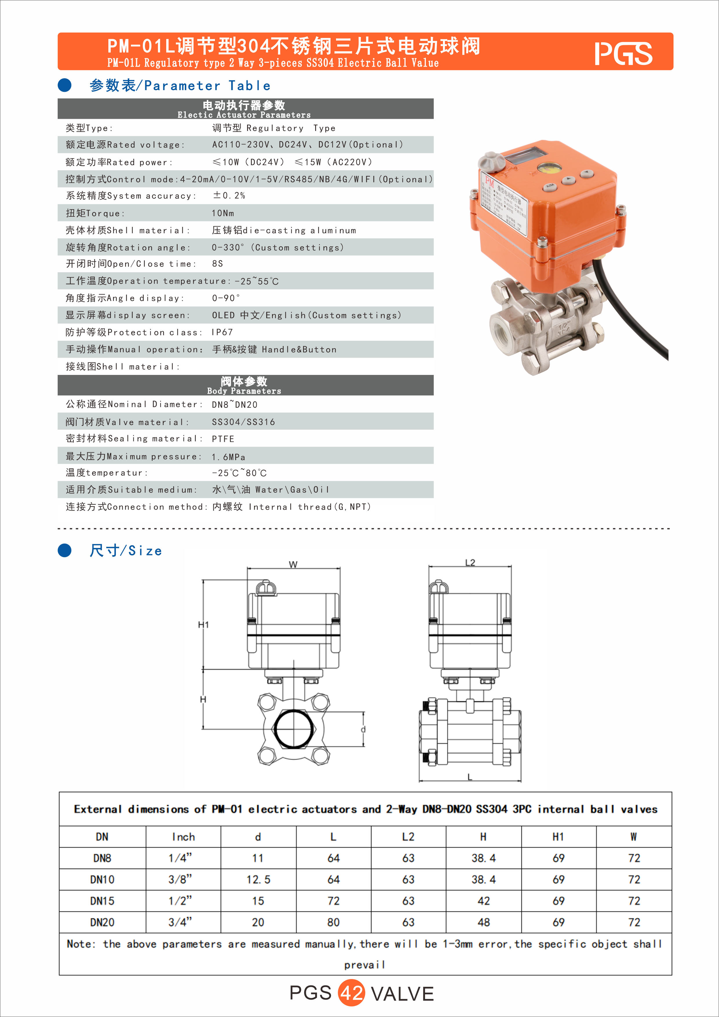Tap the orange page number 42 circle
click(351, 993)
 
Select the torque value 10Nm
click(223, 213)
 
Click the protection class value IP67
click(222, 332)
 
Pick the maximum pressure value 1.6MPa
click(229, 457)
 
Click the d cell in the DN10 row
click(258, 879)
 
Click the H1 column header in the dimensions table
click(558, 837)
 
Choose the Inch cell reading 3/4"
click(180, 922)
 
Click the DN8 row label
click(102, 858)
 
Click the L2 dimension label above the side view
click(470, 563)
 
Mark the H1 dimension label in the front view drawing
click(203, 625)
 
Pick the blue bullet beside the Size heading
click(65, 550)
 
